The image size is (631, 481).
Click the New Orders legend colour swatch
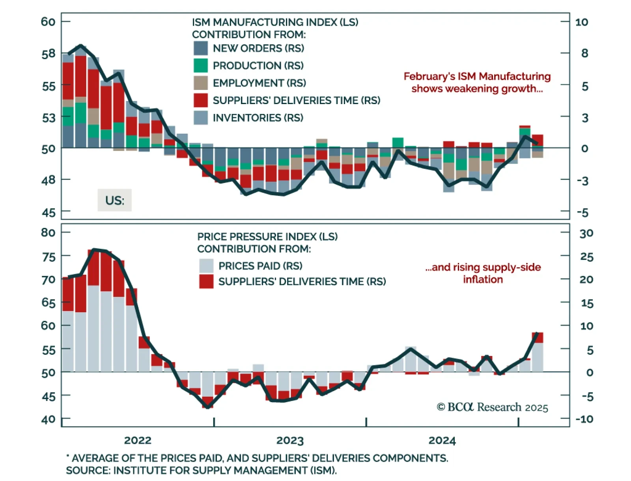point(201,48)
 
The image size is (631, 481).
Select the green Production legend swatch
point(201,65)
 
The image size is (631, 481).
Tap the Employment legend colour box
point(201,83)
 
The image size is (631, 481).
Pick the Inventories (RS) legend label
point(258,118)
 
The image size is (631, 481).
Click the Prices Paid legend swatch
point(206,266)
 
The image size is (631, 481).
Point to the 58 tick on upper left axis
point(49,54)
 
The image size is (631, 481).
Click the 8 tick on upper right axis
point(584,53)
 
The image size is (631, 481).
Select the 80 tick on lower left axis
point(48,233)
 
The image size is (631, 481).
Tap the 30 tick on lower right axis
point(586,233)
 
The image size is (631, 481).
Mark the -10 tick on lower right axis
point(584,419)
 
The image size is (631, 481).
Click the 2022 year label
point(138,440)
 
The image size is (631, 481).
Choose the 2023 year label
point(290,440)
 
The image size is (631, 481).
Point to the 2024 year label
point(442,440)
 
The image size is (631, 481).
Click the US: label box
point(115,200)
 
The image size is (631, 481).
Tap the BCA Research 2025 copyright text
point(492,407)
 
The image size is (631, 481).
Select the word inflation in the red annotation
point(483,280)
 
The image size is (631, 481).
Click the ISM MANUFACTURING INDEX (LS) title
point(275,22)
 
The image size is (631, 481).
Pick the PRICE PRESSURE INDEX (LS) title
point(267,237)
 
